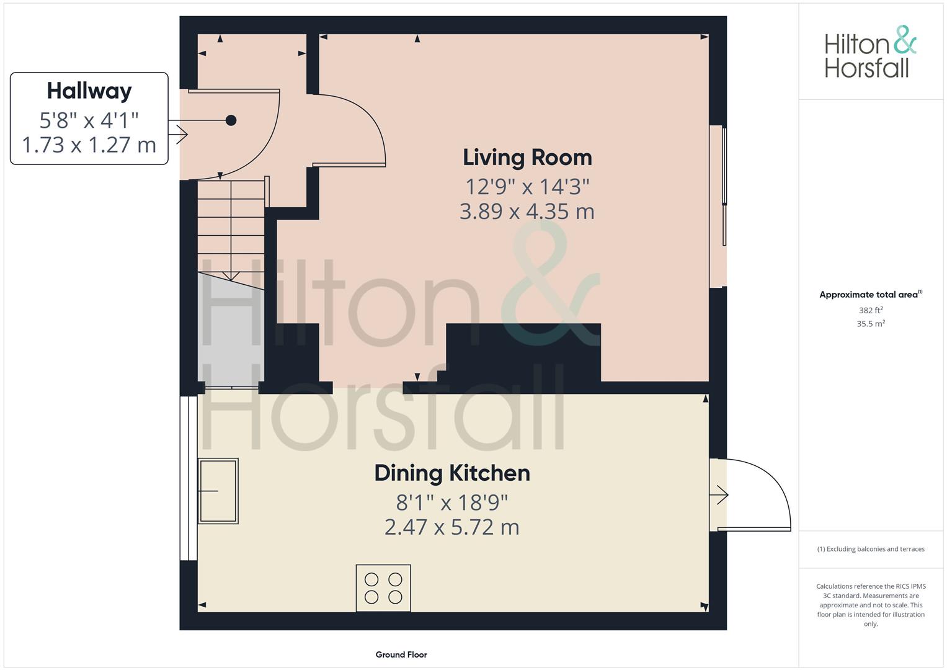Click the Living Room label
pyautogui.click(x=527, y=158)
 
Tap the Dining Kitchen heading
pyautogui.click(x=452, y=473)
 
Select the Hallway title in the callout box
pyautogui.click(x=89, y=91)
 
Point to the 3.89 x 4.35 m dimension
pyautogui.click(x=527, y=212)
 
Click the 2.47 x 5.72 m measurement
pyautogui.click(x=452, y=527)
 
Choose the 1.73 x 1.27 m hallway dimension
pyautogui.click(x=89, y=145)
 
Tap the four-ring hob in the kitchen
pyautogui.click(x=383, y=588)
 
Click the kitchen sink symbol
pyautogui.click(x=218, y=491)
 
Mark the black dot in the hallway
pyautogui.click(x=231, y=120)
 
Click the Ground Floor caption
pyautogui.click(x=401, y=654)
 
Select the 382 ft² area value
pyautogui.click(x=871, y=310)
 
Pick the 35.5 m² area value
pyautogui.click(x=871, y=324)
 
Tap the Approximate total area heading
pyautogui.click(x=871, y=295)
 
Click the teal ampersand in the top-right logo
pyautogui.click(x=905, y=40)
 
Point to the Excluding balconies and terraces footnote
pyautogui.click(x=871, y=549)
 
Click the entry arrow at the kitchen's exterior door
pyautogui.click(x=719, y=494)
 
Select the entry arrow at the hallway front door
pyautogui.click(x=178, y=135)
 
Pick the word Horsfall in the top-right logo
pyautogui.click(x=866, y=68)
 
